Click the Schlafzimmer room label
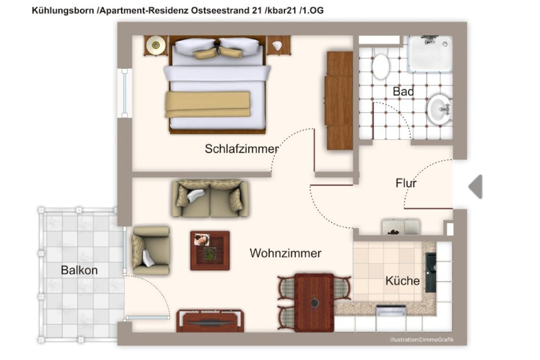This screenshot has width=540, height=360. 242,148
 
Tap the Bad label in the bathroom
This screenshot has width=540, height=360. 403,91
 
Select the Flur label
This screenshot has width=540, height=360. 406,183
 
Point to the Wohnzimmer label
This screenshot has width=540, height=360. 285,253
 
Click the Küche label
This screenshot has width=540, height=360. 403,280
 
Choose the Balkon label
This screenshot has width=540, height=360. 79,270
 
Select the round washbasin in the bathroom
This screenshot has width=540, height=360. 439,109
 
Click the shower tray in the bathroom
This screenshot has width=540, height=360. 430,54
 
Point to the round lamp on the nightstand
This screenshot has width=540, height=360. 156,45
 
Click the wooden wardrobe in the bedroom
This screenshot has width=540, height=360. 339,100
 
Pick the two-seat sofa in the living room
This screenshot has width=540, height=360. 210,199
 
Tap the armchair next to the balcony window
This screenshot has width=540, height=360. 151,250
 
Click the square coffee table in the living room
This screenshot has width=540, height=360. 210,250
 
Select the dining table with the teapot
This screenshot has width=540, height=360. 314,303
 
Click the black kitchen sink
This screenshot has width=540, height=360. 431,273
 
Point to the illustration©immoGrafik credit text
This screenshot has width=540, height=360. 422,339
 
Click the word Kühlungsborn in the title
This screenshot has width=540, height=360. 63,11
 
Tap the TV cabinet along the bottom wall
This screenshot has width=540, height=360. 210,321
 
